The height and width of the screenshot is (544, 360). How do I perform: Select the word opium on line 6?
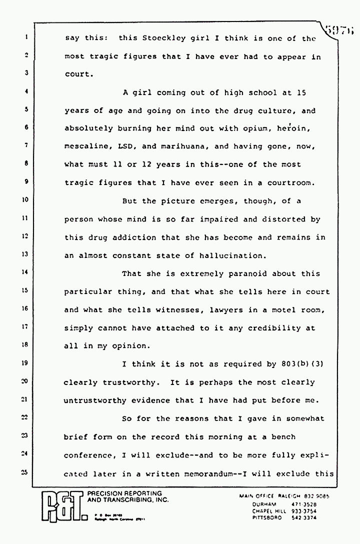(247, 128)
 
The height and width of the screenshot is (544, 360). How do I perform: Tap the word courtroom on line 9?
(290, 182)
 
